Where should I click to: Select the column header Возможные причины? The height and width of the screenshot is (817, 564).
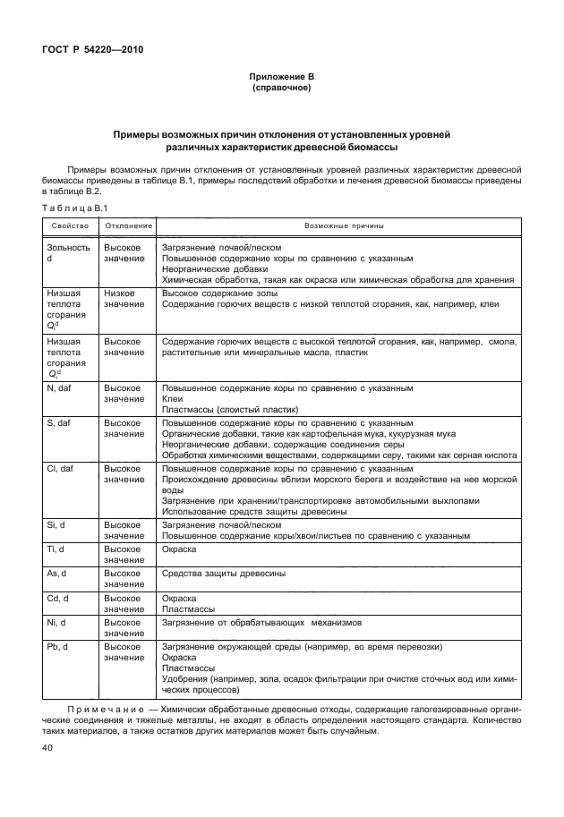338,226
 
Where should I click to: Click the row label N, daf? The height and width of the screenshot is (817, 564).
62,389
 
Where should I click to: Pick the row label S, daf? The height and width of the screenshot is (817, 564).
62,421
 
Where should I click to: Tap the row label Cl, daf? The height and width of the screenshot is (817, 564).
64,468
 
